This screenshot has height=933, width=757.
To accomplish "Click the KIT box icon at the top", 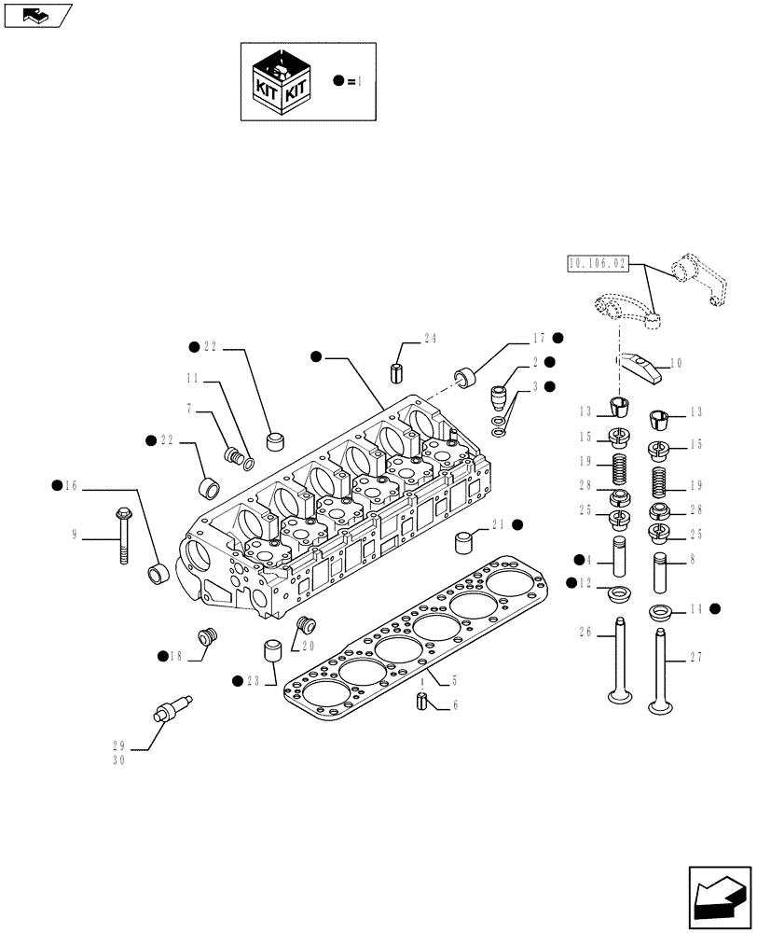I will (282, 81).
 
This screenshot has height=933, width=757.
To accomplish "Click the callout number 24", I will (430, 338).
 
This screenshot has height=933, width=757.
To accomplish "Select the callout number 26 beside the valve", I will (585, 632).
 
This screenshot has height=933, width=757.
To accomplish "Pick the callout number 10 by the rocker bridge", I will (676, 363).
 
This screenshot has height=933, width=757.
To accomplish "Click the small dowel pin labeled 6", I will (422, 702).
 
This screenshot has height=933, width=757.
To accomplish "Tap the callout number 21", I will (496, 525).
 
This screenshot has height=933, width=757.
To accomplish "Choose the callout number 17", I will (539, 338).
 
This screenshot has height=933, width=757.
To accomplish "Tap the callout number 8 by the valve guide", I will (693, 560).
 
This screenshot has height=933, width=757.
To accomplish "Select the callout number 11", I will (192, 378).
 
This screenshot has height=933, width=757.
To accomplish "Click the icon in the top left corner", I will (36, 14).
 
